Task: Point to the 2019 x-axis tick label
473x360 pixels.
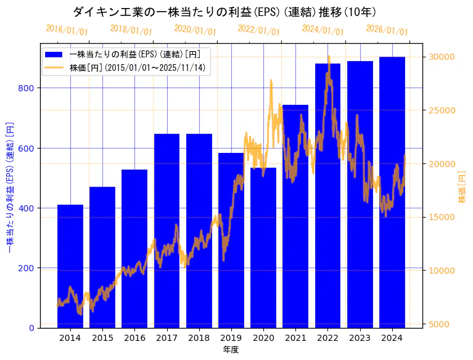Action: (x=231, y=338)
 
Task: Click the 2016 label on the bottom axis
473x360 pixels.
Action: (x=134, y=338)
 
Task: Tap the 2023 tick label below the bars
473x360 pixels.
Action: (x=360, y=338)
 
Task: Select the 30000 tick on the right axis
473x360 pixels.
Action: (x=442, y=57)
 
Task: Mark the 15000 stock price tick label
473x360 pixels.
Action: (x=442, y=217)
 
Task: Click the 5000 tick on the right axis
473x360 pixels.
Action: (x=439, y=324)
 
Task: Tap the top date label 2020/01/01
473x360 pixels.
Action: (x=195, y=30)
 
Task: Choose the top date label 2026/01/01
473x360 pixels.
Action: (x=387, y=30)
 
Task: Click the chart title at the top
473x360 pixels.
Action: (x=224, y=12)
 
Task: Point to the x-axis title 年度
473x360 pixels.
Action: (x=231, y=350)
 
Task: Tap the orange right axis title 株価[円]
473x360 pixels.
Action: (x=463, y=188)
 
